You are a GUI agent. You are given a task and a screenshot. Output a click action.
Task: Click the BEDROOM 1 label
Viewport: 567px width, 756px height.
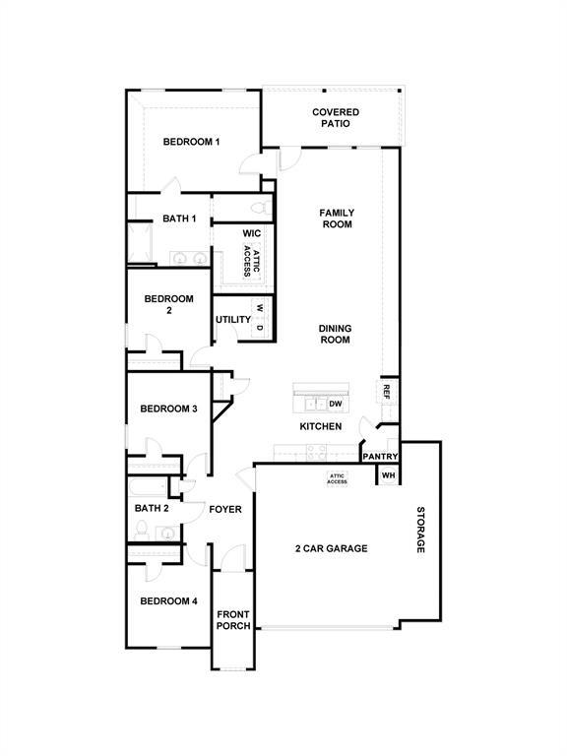pos(191,142)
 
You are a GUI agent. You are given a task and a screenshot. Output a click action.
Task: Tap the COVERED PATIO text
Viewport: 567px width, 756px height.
pos(336,118)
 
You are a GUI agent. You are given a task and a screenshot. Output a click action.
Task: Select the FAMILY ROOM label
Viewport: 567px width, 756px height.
pos(336,219)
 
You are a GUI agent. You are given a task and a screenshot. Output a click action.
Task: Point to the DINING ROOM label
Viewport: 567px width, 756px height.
pos(335,335)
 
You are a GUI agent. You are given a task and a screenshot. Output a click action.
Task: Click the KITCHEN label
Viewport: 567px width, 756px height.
pos(321,426)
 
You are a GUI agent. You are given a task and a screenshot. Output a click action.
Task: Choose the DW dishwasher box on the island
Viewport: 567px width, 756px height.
pos(336,404)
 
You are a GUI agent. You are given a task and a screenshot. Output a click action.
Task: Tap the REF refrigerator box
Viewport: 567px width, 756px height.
pos(387,391)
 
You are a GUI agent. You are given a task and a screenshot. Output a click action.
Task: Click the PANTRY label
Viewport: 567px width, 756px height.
pos(380,457)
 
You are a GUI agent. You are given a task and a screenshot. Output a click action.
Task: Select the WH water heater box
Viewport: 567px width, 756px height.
pos(388,475)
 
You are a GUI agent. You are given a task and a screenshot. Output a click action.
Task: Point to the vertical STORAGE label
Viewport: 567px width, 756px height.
pos(420,530)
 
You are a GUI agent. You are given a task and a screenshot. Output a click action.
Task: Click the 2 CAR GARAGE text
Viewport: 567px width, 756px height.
pos(331,548)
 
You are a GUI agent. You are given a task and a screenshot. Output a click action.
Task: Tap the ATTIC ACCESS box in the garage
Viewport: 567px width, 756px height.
pos(337,478)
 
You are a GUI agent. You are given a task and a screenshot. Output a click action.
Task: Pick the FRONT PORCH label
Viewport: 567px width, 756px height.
pos(233,620)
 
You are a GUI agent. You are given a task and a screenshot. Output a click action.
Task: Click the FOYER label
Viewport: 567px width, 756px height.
pos(225,509)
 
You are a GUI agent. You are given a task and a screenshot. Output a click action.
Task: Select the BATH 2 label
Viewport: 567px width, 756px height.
pos(153,508)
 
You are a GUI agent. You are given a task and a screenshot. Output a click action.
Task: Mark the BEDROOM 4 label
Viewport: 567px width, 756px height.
pos(168,600)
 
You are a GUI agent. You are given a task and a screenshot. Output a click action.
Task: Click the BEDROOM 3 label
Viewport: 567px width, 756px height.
pos(168,409)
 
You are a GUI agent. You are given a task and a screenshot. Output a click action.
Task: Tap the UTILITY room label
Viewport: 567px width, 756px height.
pos(233,320)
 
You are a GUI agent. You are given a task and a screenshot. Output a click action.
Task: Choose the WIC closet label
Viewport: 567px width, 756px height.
pos(252,233)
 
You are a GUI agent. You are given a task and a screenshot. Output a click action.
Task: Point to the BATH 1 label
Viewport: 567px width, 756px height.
pos(153,219)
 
